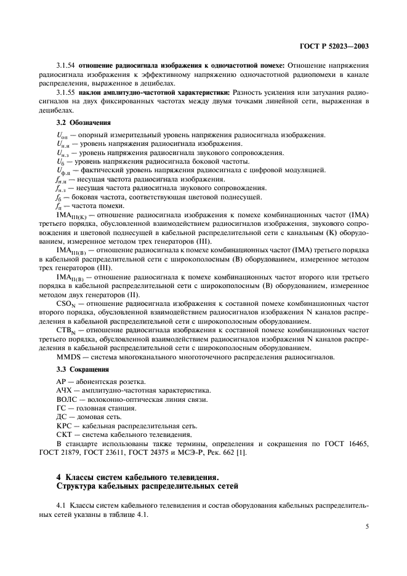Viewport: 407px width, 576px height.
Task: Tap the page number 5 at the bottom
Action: click(x=366, y=526)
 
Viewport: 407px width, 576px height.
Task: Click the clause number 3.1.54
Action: click(x=65, y=65)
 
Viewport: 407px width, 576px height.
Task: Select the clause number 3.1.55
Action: click(x=65, y=92)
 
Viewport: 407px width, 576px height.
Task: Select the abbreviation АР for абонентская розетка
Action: click(x=62, y=382)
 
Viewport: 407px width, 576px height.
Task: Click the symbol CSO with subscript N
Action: click(x=68, y=303)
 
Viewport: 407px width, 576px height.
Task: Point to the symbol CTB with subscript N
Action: click(x=68, y=330)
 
